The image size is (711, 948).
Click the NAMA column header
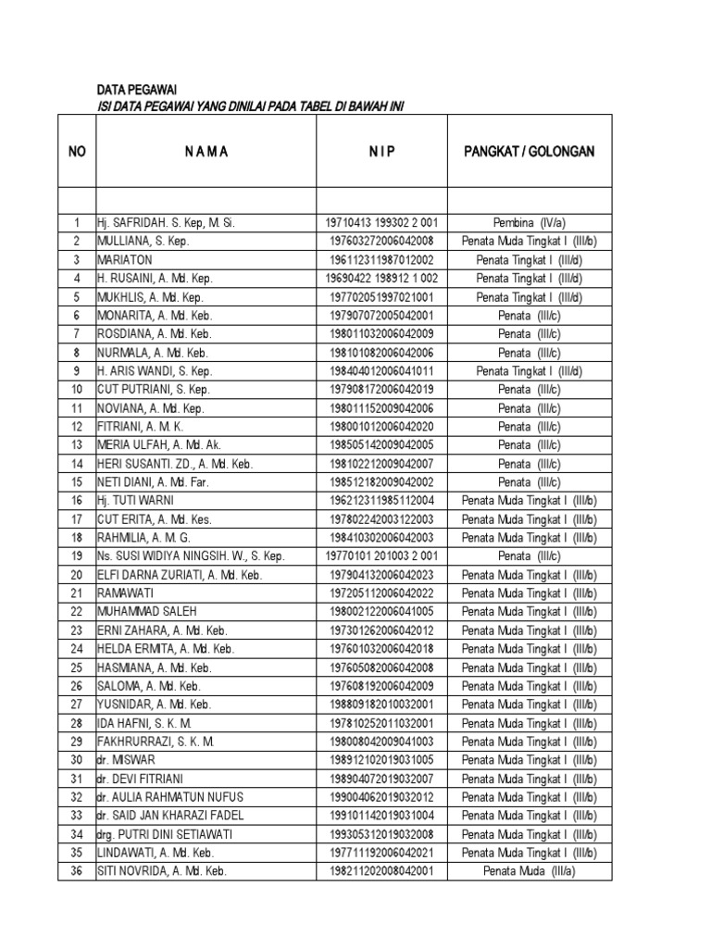pos(206,151)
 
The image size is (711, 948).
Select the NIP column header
pos(381,151)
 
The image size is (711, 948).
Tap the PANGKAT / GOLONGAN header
pos(529,151)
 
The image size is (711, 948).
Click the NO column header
pos(77,151)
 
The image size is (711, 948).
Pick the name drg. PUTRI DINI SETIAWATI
pos(163,833)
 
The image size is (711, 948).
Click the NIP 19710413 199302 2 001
pos(381,222)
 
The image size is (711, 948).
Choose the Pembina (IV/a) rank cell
pos(529,222)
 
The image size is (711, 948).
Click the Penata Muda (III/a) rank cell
pos(529,870)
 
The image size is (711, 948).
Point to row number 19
pos(77,555)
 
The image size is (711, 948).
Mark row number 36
pos(77,870)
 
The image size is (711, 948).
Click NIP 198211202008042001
pos(381,870)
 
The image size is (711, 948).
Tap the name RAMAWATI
pos(127,592)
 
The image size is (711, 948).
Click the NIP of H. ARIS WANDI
pos(381,370)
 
